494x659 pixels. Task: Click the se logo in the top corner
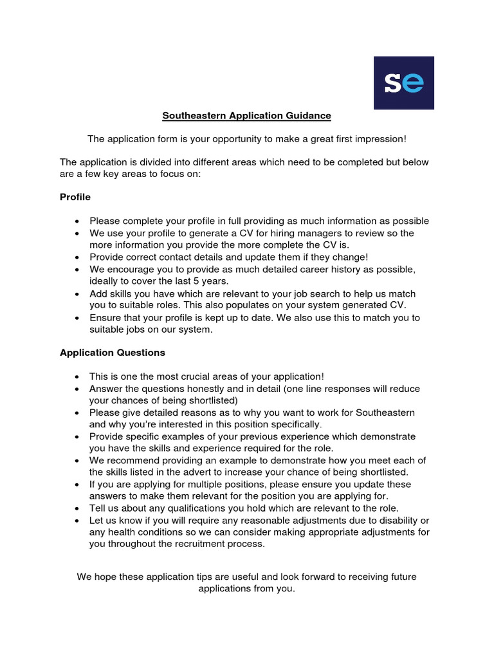tap(404, 82)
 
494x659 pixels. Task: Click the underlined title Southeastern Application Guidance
tap(246, 116)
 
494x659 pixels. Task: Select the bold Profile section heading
tap(75, 197)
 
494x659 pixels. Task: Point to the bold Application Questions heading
tap(113, 353)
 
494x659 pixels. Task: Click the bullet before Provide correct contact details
tap(77, 257)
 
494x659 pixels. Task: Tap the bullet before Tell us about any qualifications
tap(77, 508)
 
